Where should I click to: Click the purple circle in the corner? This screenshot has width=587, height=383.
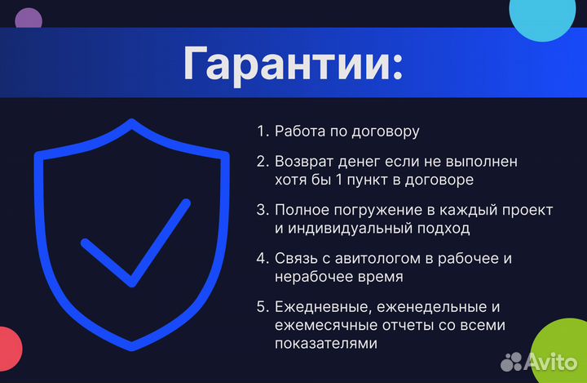(29, 19)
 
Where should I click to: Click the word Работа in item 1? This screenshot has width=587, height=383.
(299, 131)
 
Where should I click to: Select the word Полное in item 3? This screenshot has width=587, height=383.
(300, 210)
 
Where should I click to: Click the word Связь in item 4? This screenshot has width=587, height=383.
(294, 259)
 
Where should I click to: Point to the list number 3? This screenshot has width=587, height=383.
(262, 210)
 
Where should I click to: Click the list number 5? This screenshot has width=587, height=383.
(262, 307)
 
